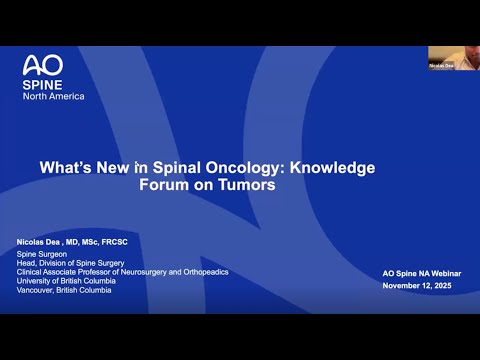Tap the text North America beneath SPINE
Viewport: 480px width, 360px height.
pos(53,96)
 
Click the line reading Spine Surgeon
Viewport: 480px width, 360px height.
pos(45,256)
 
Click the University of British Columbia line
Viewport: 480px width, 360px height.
pos(76,283)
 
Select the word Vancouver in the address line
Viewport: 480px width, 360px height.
pos(36,292)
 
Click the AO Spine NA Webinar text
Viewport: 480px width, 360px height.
pos(420,274)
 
